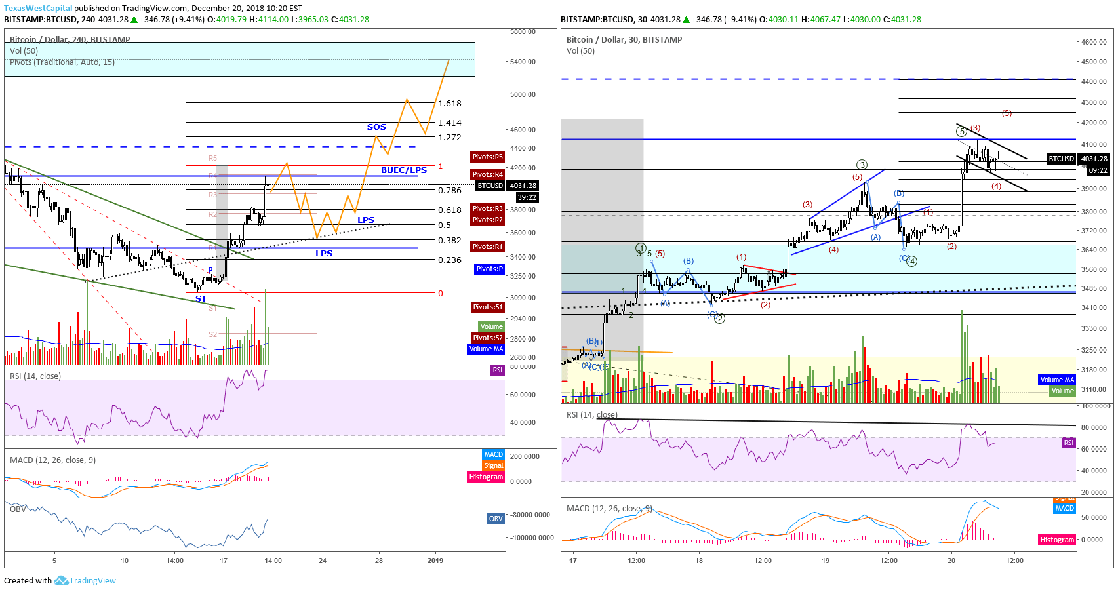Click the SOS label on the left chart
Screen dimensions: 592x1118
click(x=376, y=127)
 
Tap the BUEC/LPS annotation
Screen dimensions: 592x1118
click(x=404, y=170)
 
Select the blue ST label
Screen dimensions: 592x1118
click(x=201, y=299)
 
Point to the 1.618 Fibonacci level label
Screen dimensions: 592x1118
click(x=450, y=104)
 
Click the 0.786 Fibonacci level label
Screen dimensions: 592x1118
click(x=450, y=191)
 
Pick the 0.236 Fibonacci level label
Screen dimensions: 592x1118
click(x=450, y=260)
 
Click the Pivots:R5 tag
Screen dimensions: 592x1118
click(x=488, y=157)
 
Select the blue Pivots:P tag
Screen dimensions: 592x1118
click(x=489, y=269)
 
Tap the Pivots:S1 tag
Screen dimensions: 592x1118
click(x=488, y=307)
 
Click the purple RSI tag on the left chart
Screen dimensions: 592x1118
click(x=498, y=370)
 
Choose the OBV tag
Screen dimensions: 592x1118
click(x=496, y=519)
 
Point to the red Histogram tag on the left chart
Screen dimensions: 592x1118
click(x=486, y=477)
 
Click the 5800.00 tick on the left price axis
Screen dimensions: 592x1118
click(x=523, y=31)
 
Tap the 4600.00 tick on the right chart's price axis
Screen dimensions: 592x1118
click(x=1094, y=42)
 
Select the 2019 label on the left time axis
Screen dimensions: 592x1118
click(x=435, y=561)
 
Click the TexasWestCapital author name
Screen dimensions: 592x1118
click(x=38, y=9)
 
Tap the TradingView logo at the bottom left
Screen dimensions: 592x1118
click(x=85, y=581)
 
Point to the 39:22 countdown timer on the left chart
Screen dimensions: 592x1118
click(x=527, y=197)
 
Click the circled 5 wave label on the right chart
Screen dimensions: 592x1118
click(x=961, y=132)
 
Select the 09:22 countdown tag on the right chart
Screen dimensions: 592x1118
click(x=1098, y=171)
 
